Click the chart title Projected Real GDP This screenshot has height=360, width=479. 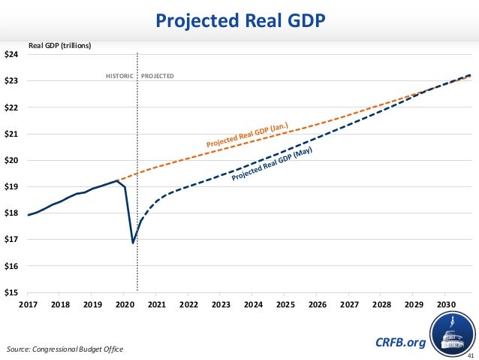coord(239,20)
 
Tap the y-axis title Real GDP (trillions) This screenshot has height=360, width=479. coord(59,45)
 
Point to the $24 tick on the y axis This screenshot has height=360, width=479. coord(14,54)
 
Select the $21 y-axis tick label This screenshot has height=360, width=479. coord(14,134)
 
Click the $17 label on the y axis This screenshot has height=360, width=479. coord(14,240)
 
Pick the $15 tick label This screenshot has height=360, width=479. coord(14,292)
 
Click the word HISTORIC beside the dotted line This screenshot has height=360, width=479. coord(119,76)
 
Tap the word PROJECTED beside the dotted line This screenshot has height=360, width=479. coord(158,76)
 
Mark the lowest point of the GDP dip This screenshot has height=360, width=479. coord(133,243)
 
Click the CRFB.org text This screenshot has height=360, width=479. coord(399,343)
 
